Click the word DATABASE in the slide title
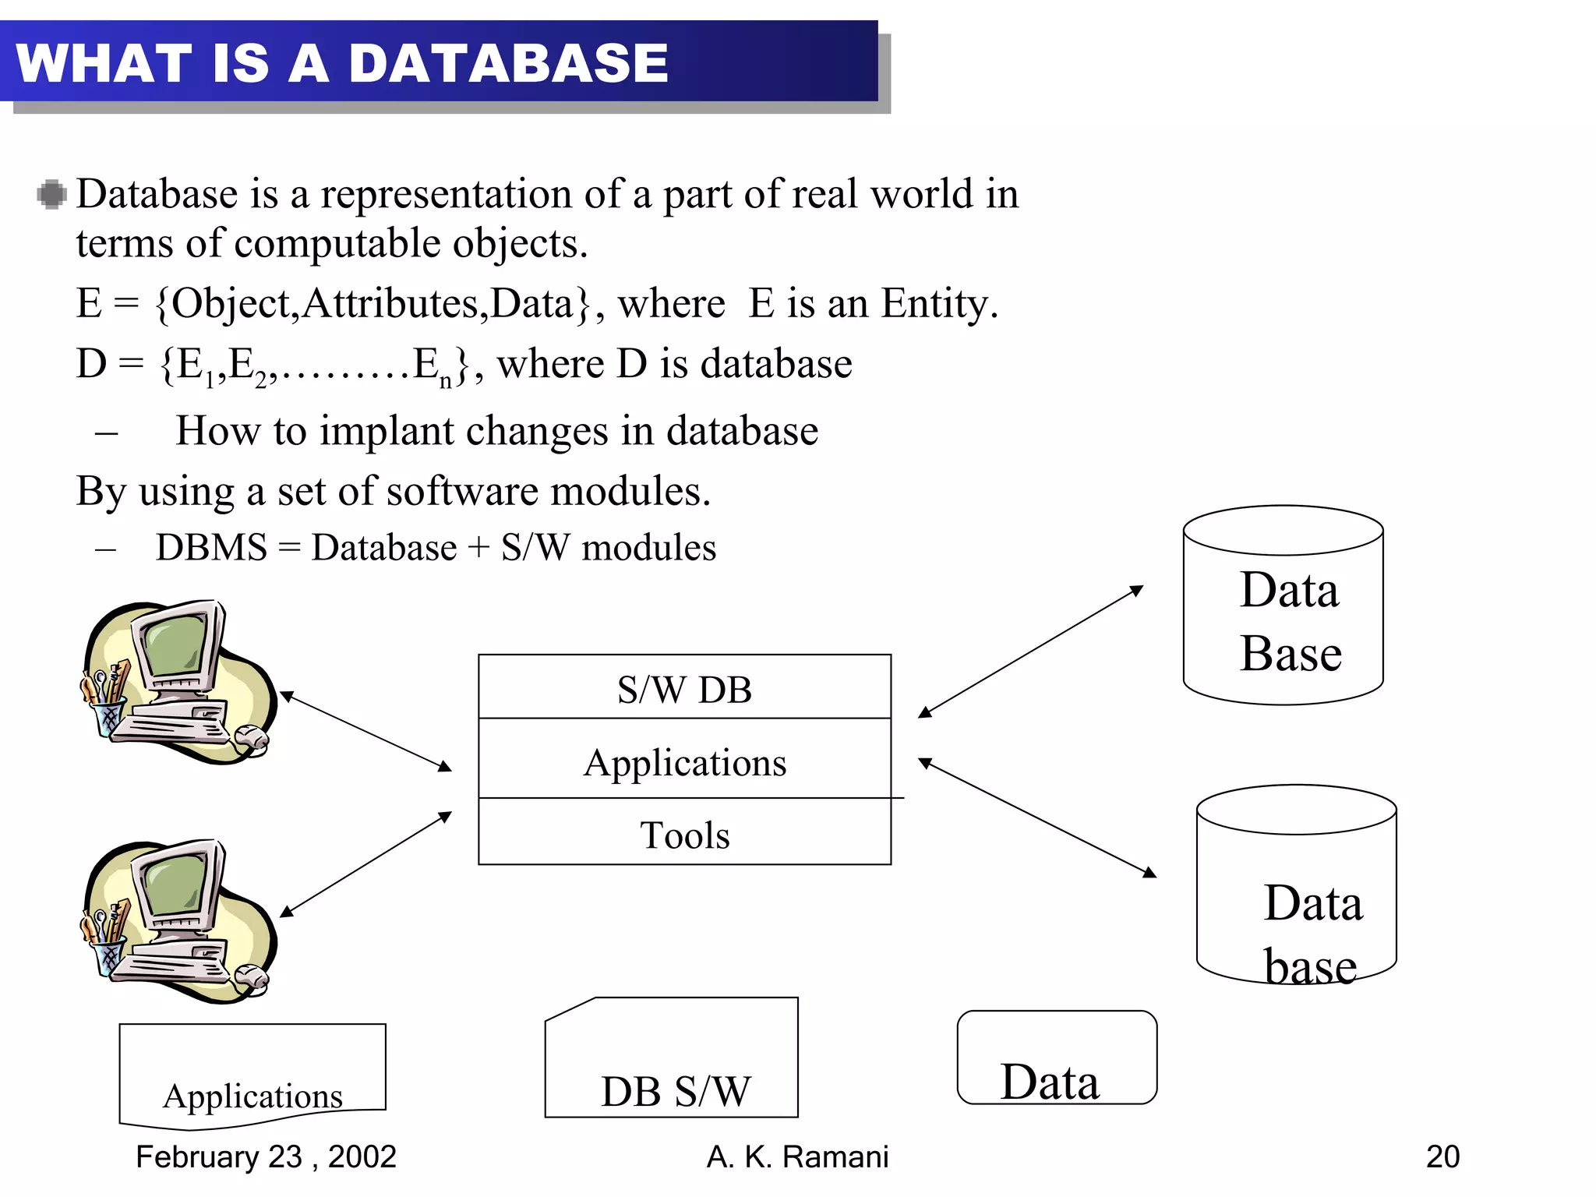pos(508,64)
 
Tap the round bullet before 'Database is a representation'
pos(51,194)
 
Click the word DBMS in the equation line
pos(211,548)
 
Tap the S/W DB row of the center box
pos(684,689)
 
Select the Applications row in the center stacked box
pos(684,762)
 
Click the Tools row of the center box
pos(684,835)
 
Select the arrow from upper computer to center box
pos(365,731)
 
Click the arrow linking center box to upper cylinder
pos(1030,651)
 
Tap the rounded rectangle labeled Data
pos(1056,1058)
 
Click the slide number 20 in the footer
pos(1442,1156)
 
